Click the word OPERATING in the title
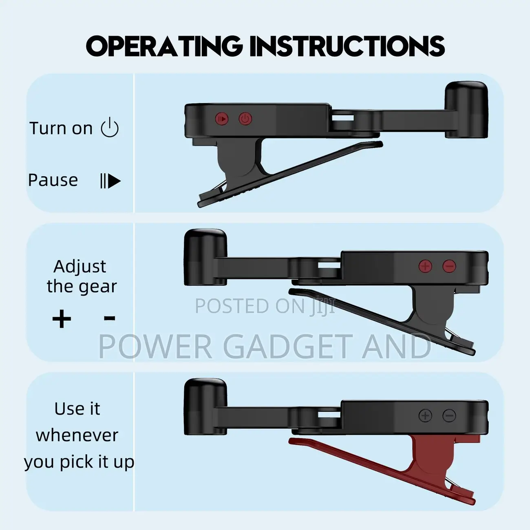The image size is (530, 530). coord(165,45)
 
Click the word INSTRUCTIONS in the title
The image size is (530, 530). coord(347,45)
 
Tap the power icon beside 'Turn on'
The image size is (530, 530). coord(110,127)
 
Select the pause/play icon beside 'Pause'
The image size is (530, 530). coord(110,181)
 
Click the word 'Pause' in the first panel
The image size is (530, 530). coord(53,180)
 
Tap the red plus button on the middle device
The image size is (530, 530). coord(425,266)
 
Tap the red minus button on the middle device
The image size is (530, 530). coord(449,266)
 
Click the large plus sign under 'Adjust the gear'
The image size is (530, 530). coord(62,319)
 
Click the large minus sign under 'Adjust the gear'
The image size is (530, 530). coord(110,318)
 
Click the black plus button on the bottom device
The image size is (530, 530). coord(425,415)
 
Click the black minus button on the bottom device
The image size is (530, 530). coord(449,415)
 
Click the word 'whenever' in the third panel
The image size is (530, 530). coord(77,435)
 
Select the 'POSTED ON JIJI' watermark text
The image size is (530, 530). coord(265,306)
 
